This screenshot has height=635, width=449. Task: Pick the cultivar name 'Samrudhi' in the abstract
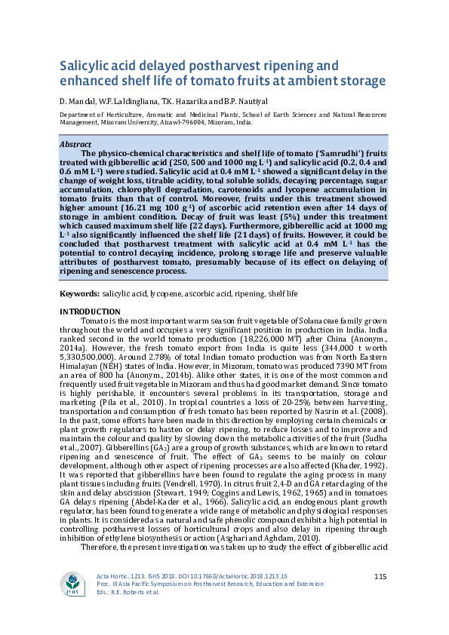pos(317,153)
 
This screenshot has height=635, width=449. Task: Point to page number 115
pos(380,577)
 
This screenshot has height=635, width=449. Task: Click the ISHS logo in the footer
pos(73,585)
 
